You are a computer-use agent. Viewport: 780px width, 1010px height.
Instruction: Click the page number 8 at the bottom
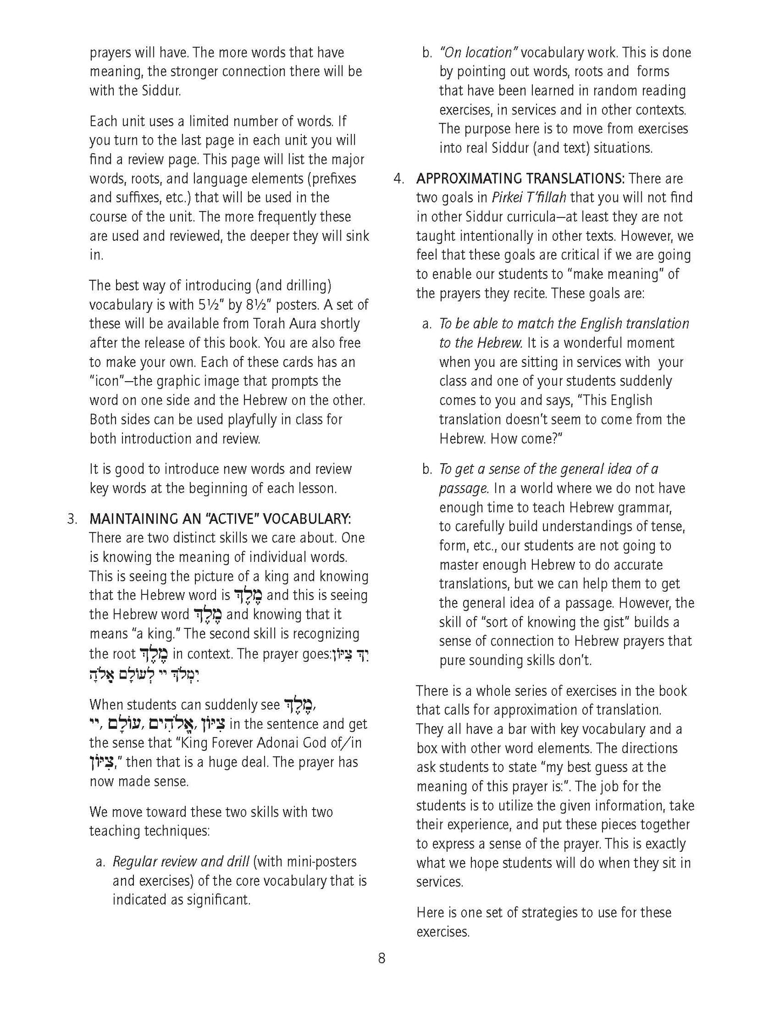[x=382, y=958]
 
